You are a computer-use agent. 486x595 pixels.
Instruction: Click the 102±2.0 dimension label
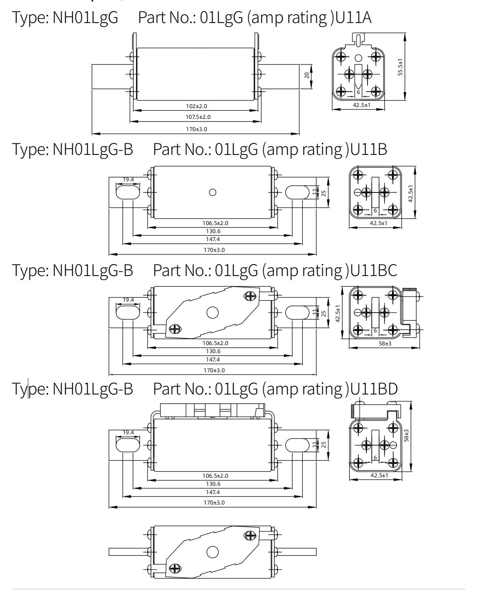[x=196, y=106]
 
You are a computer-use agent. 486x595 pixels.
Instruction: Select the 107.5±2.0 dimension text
[x=198, y=117]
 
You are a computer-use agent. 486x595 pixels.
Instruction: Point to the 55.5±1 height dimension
[x=400, y=67]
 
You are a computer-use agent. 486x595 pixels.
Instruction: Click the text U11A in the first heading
[x=353, y=18]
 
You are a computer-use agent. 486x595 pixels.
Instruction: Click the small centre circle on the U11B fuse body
[x=212, y=192]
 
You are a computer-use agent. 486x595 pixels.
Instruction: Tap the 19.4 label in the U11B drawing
[x=128, y=179]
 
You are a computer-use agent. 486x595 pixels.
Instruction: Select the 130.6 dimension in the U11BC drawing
[x=213, y=351]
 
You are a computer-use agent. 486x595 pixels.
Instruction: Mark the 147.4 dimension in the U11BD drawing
[x=213, y=492]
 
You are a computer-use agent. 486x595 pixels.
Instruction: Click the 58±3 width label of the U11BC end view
[x=385, y=344]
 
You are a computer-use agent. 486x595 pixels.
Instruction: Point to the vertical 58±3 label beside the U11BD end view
[x=407, y=436]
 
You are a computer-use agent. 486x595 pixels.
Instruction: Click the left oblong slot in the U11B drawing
[x=128, y=192]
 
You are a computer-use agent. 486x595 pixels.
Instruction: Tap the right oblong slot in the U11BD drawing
[x=297, y=445]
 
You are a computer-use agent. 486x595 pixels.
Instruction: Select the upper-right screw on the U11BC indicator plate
[x=250, y=296]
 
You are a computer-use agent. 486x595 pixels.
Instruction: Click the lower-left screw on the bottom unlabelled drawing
[x=174, y=569]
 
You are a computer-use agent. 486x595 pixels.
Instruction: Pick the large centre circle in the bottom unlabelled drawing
[x=212, y=552]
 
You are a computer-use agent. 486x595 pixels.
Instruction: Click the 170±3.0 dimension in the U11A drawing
[x=196, y=129]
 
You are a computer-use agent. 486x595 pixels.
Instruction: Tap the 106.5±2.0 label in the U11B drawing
[x=215, y=223]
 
